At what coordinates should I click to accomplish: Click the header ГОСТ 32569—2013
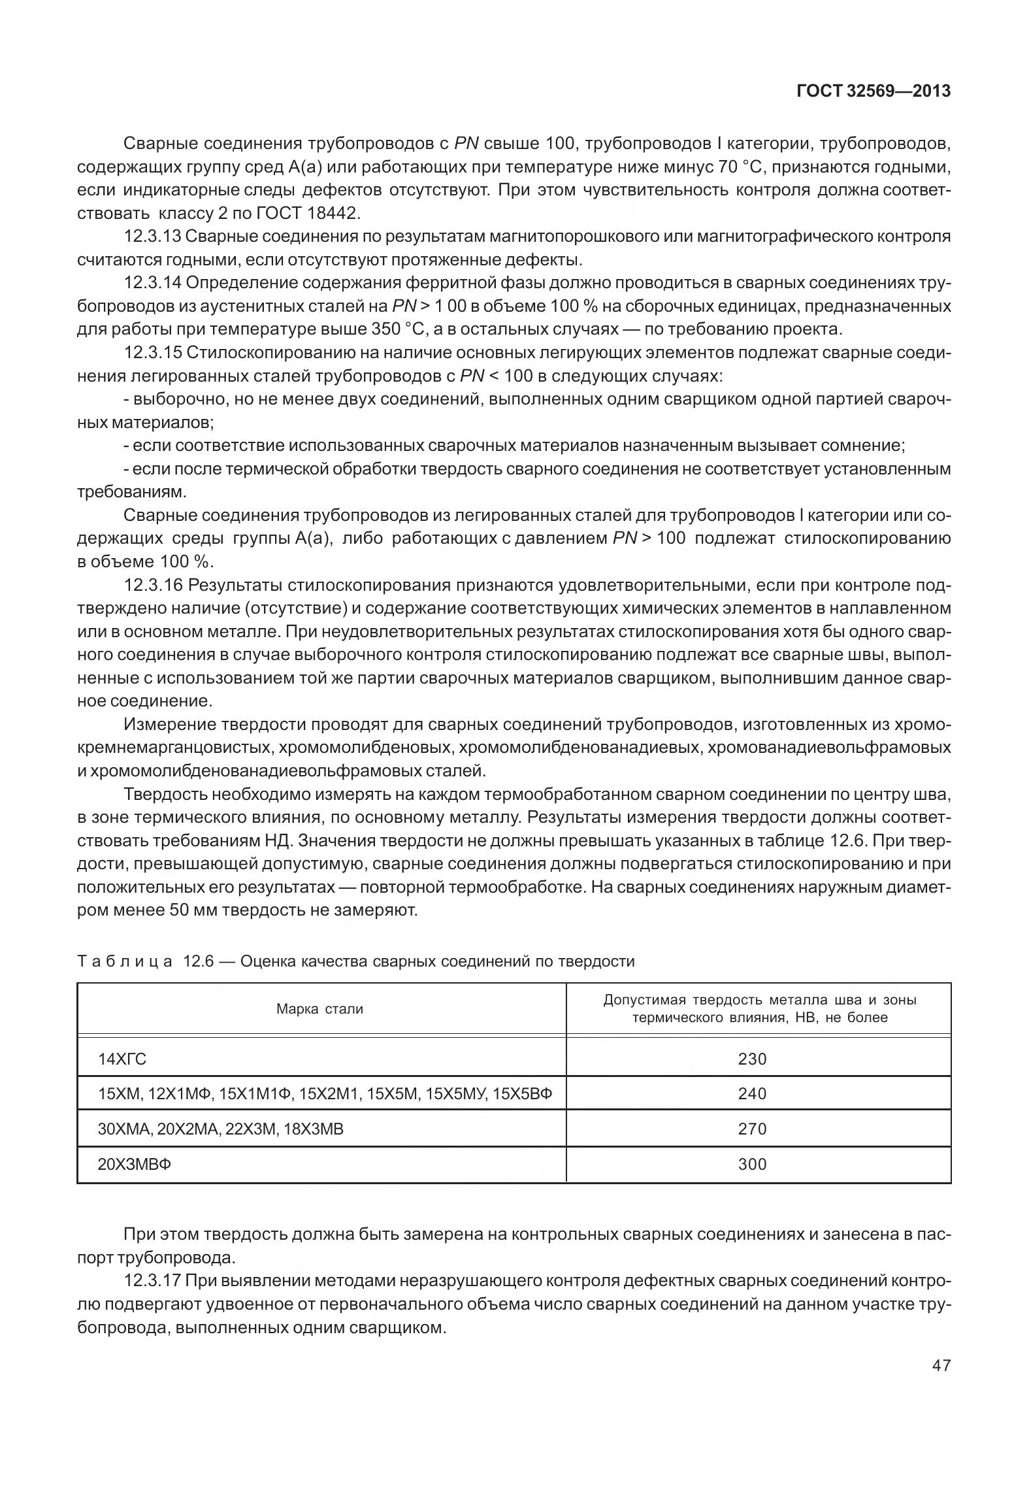coord(873,91)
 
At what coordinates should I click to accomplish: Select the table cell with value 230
coord(751,1059)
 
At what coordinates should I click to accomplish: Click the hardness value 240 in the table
coord(751,1093)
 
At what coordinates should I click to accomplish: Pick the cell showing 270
coord(751,1129)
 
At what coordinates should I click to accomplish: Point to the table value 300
coord(751,1164)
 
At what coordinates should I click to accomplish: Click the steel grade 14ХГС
coord(122,1059)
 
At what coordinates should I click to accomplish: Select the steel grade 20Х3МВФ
coord(135,1164)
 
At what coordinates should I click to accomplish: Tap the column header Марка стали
coord(319,1008)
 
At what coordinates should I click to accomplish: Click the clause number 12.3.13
coord(153,237)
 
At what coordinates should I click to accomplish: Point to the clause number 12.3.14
coord(153,283)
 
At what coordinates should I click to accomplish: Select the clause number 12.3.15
coord(153,353)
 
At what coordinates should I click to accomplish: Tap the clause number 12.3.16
coord(153,585)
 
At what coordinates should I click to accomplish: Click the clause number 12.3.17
coord(153,1282)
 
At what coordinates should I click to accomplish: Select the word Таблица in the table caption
coord(125,961)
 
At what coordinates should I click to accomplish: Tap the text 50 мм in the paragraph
coord(194,910)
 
